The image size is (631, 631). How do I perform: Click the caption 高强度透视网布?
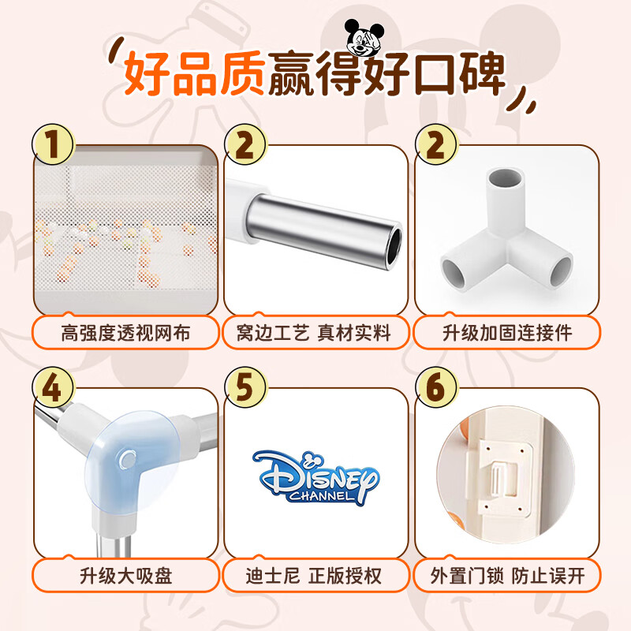click(x=125, y=333)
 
